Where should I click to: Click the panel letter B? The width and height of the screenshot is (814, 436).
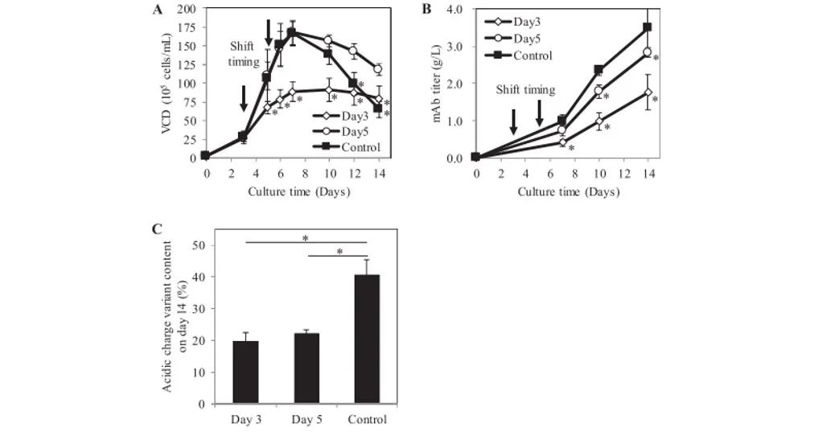(427, 10)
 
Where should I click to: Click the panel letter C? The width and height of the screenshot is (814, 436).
(157, 228)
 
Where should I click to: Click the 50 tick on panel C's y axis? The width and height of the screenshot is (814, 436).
(191, 245)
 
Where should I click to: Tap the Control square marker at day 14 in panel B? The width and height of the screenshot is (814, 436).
(647, 27)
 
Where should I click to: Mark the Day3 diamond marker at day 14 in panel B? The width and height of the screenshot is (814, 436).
(647, 93)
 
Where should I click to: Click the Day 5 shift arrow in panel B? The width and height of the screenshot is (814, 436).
(540, 112)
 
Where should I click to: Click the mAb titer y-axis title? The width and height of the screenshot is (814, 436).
(441, 83)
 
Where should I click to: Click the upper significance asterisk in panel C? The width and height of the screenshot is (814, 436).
(306, 237)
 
